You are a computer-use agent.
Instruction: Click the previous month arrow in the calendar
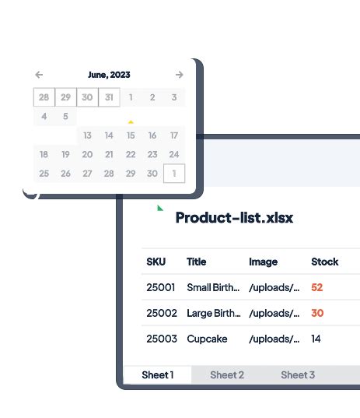click(x=39, y=75)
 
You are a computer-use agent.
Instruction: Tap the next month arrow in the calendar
click(x=180, y=75)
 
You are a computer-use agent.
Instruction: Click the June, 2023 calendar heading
click(x=109, y=75)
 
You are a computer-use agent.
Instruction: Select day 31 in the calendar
click(x=109, y=97)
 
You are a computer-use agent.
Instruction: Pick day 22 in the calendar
click(x=131, y=154)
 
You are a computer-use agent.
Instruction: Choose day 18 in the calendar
click(x=44, y=154)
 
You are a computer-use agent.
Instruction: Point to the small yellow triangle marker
click(x=131, y=121)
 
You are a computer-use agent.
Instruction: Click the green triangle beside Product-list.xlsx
click(x=160, y=208)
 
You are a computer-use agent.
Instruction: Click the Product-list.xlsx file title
click(x=234, y=217)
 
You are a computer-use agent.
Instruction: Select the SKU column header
click(x=156, y=262)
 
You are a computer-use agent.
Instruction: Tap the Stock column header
click(x=324, y=262)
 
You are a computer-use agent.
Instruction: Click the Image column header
click(x=263, y=262)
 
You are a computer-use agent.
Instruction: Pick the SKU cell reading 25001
click(x=161, y=287)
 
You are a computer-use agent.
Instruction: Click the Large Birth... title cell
click(x=214, y=313)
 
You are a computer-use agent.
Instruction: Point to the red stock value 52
click(x=316, y=287)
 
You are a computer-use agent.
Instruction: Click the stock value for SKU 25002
click(x=316, y=313)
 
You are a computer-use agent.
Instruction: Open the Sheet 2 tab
click(x=227, y=374)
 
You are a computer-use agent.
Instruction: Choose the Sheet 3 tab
click(x=298, y=374)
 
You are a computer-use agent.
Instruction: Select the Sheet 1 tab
click(x=158, y=374)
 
